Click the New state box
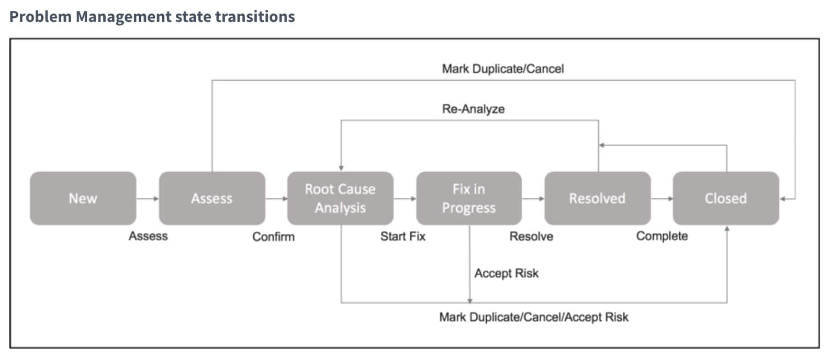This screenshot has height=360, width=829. (x=83, y=198)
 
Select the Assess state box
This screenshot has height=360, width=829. (x=211, y=198)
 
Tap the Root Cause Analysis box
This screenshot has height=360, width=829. (x=340, y=198)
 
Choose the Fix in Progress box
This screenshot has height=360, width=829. (x=468, y=198)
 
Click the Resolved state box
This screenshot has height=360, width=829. (x=597, y=198)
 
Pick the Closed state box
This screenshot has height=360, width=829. (x=725, y=198)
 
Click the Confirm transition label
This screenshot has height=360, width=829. (x=273, y=237)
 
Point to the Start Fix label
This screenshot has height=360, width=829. (x=402, y=237)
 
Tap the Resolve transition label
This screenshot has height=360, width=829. (x=531, y=237)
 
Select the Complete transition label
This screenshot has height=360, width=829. (x=662, y=236)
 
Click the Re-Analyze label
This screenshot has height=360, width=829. (x=473, y=109)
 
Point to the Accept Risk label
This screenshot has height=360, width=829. (x=506, y=273)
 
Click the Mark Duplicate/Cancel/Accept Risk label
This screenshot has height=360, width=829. (x=533, y=317)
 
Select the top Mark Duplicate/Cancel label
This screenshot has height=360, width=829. (x=502, y=69)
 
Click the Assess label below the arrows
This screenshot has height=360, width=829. (x=148, y=236)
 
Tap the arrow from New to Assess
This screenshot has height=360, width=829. (x=148, y=199)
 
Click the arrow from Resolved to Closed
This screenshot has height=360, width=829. (x=662, y=199)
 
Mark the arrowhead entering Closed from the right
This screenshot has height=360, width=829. (x=783, y=199)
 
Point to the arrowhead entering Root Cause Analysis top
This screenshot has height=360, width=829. (x=341, y=168)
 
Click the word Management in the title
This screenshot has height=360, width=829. (x=123, y=17)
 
